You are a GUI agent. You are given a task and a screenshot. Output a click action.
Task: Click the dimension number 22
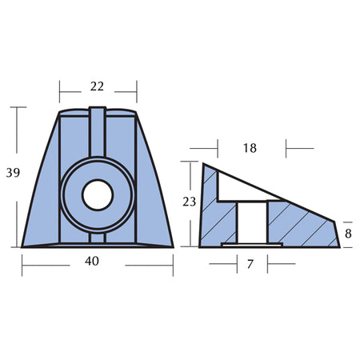point(97,86)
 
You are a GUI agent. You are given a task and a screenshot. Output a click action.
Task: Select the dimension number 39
point(13,173)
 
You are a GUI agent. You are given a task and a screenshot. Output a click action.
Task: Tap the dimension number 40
point(92,261)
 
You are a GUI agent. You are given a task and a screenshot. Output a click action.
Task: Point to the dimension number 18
point(250,148)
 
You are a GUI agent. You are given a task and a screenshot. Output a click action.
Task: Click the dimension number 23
point(190,202)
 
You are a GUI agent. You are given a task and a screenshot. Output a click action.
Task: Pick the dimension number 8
point(348,234)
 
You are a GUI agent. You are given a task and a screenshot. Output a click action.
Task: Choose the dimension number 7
point(250,264)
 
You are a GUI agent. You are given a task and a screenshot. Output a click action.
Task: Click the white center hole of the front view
point(98,195)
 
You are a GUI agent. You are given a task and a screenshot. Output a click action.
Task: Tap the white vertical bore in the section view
point(252,222)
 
